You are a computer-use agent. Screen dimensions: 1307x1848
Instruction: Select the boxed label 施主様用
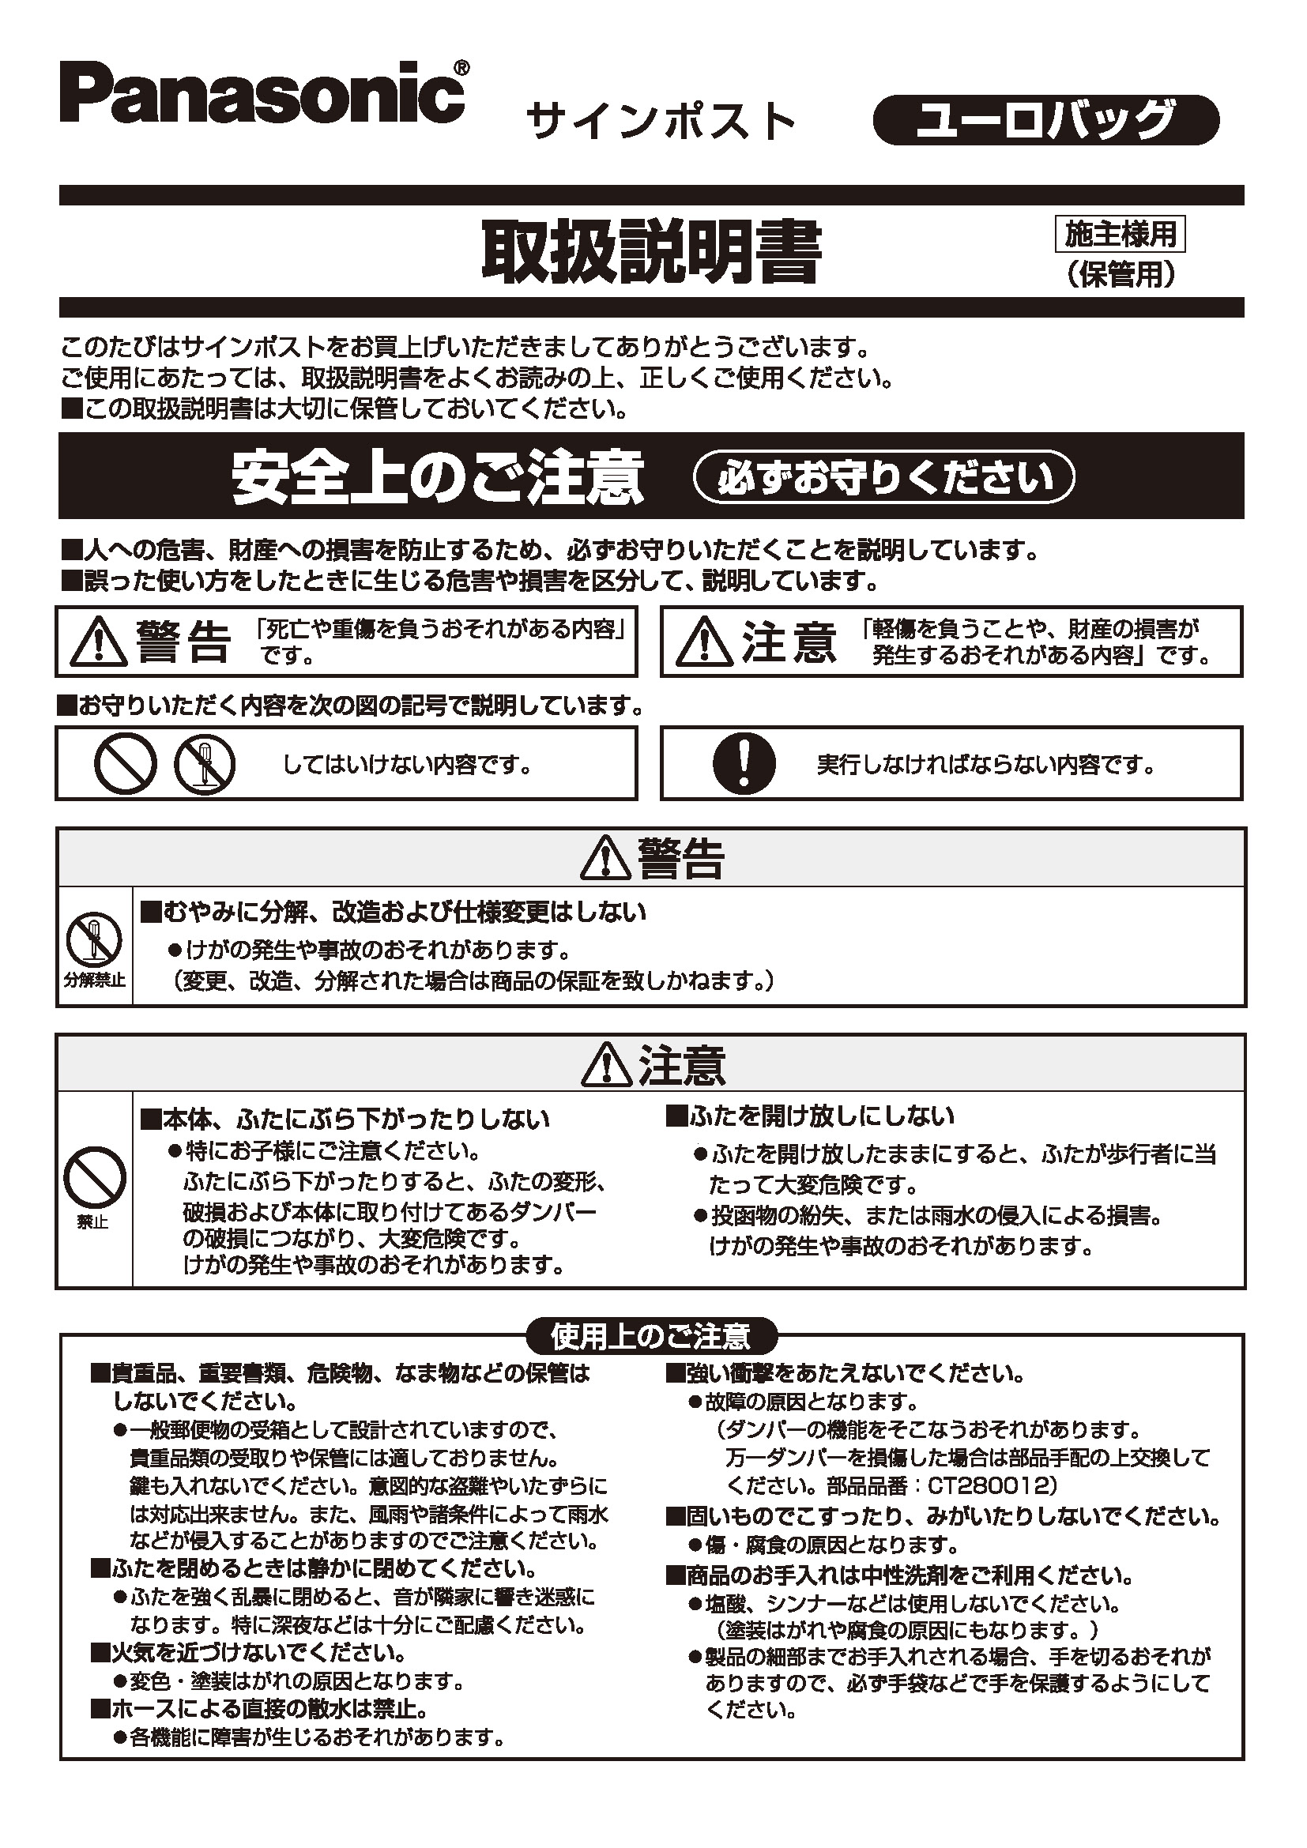click(x=1121, y=234)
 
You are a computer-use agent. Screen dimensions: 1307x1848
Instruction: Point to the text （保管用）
click(x=1121, y=275)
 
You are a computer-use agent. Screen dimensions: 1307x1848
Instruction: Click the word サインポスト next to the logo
click(x=660, y=122)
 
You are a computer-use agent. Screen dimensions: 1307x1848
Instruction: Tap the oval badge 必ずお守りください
click(x=883, y=477)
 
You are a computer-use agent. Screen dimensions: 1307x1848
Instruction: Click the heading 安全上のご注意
click(x=438, y=477)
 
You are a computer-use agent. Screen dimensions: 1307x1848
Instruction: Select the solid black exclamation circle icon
click(x=744, y=763)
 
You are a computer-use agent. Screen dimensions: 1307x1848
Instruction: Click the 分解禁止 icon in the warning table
click(x=94, y=940)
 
